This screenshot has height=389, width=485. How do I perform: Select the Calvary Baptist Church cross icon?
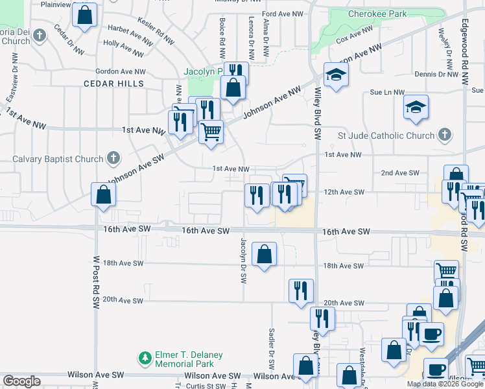tap(113, 158)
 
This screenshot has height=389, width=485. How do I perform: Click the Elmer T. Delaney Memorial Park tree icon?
tap(144, 357)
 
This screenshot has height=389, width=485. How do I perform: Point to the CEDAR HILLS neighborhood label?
tap(113, 84)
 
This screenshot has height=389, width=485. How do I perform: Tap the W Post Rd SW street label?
tap(95, 281)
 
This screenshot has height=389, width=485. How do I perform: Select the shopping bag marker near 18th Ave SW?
tap(264, 255)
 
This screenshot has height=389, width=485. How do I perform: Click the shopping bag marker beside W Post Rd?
tap(103, 194)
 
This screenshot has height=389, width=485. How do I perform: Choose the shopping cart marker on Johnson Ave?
tap(211, 132)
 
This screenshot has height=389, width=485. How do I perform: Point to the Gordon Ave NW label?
tap(121, 72)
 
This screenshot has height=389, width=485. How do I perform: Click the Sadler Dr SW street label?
tap(272, 345)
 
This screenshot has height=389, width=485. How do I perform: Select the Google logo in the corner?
tap(21, 381)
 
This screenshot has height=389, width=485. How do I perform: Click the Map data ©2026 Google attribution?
tap(445, 384)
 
